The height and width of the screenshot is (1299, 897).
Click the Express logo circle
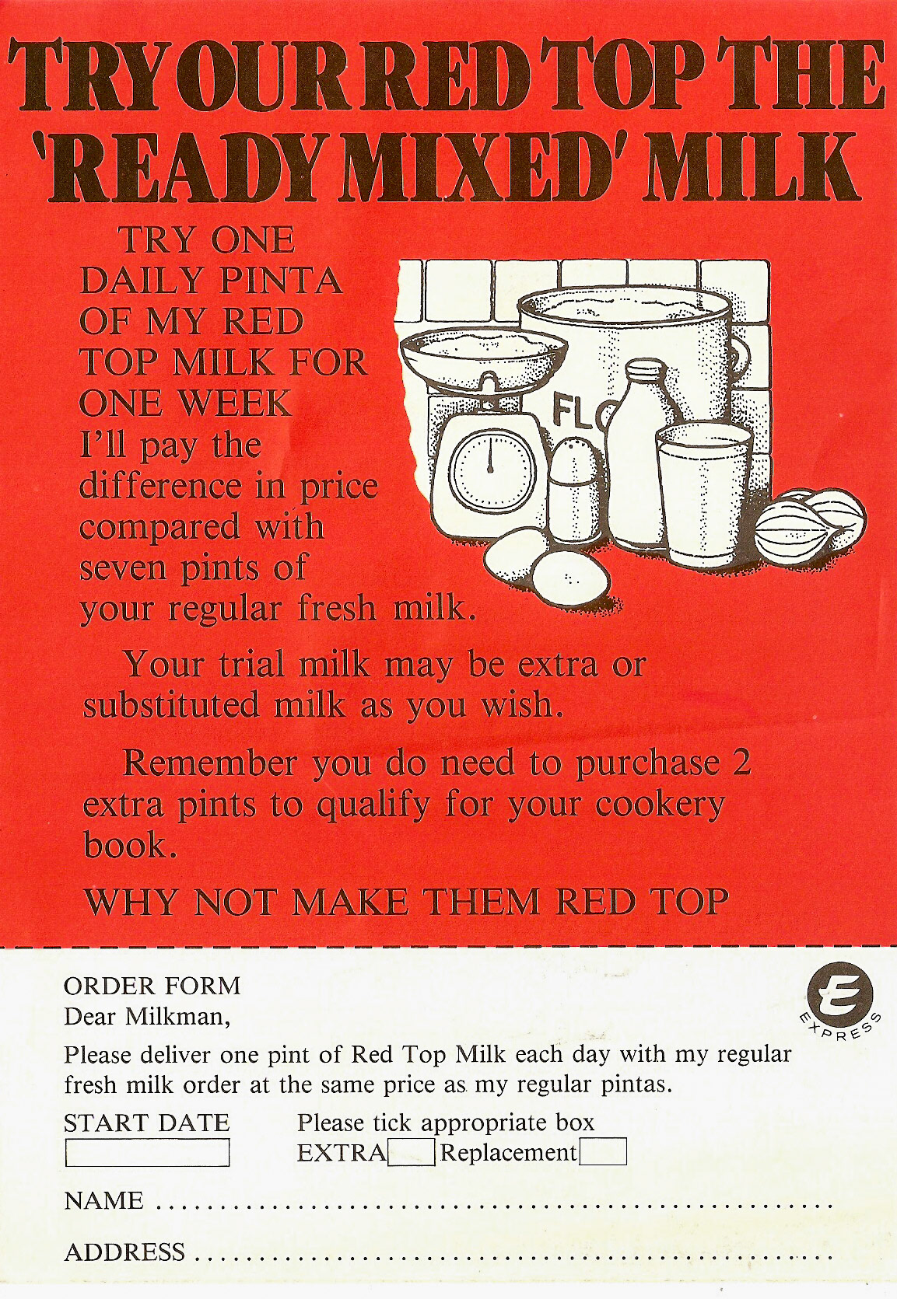tap(840, 995)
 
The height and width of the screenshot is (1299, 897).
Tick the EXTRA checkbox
tap(411, 1152)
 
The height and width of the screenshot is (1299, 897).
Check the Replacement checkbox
tap(603, 1151)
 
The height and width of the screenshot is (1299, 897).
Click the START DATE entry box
tap(147, 1153)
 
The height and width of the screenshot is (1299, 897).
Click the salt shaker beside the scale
tap(576, 490)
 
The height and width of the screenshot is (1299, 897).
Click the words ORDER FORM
tap(152, 986)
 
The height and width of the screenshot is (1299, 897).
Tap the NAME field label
tap(103, 1201)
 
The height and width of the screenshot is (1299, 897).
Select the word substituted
tap(171, 705)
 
